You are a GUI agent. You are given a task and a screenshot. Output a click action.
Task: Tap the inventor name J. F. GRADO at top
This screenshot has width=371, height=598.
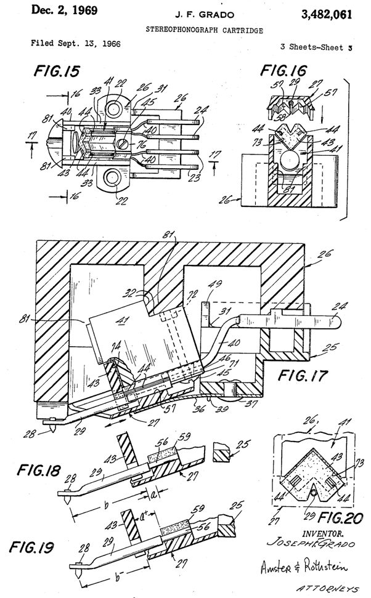tap(186, 14)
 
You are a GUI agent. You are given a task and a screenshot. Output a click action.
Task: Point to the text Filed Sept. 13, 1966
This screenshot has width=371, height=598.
tap(75, 44)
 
